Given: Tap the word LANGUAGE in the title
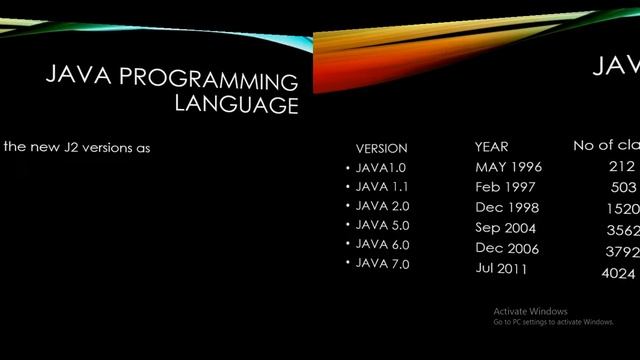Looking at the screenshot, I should point(236,105).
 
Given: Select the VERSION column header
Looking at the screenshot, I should point(381,148).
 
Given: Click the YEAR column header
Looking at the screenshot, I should point(492,147).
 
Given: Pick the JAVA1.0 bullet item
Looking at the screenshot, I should point(381,168).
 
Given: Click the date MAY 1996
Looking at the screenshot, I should point(508,167).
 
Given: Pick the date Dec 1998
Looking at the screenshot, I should point(507,208).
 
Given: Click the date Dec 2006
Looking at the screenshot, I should point(507,248).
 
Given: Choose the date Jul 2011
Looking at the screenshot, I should point(502,269).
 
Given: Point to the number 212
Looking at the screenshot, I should point(621,167).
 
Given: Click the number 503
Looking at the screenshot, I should point(623,187).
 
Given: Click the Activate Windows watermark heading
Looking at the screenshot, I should point(530,311).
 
